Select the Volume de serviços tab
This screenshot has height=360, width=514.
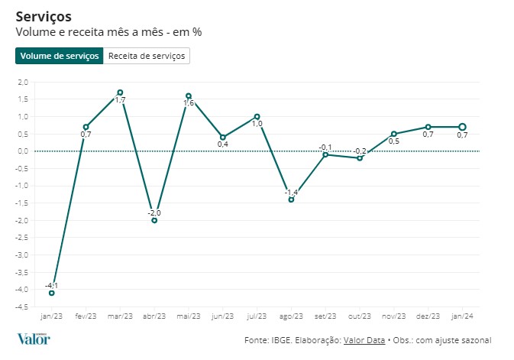coord(59,56)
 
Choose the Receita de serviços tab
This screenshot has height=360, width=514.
coord(146,56)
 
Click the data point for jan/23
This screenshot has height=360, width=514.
coord(51,293)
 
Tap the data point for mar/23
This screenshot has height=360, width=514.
coord(120,92)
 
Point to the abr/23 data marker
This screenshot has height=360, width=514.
coord(154,220)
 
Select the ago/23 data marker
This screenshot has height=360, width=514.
coord(291,199)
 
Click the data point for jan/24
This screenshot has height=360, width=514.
coord(462,127)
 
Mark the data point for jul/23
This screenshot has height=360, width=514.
coord(257,116)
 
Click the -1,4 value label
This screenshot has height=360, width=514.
coord(291,192)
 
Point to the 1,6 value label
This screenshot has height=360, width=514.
coord(189,103)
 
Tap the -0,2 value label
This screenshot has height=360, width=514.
coord(360,151)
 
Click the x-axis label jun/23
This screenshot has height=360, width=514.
coord(222,316)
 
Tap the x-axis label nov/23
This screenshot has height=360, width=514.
coord(393,316)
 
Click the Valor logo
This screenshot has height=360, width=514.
coord(34,339)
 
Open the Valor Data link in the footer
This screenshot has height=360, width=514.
coord(364,340)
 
